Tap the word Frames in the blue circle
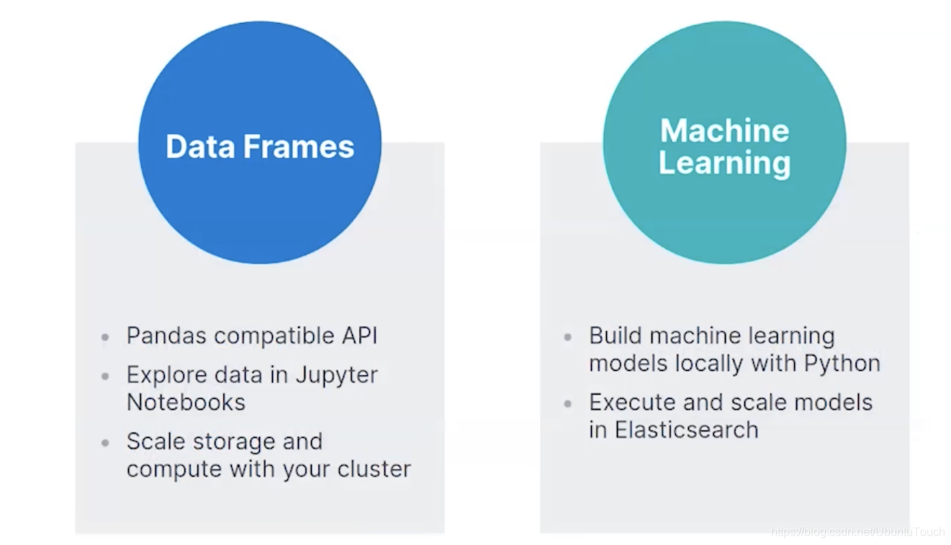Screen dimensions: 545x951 tap(298, 146)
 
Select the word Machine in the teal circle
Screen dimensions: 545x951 tap(724, 130)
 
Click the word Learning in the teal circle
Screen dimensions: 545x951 tap(724, 163)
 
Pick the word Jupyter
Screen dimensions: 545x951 tap(337, 375)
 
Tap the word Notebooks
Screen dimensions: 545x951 tap(186, 402)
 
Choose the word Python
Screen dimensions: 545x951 tap(842, 363)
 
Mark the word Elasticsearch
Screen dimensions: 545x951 tap(686, 430)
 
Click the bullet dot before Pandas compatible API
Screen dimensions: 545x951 tap(106, 337)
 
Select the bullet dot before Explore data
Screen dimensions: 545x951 tap(106, 376)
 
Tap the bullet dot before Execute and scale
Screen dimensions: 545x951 tap(568, 403)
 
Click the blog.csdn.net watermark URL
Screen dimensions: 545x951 tap(857, 532)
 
